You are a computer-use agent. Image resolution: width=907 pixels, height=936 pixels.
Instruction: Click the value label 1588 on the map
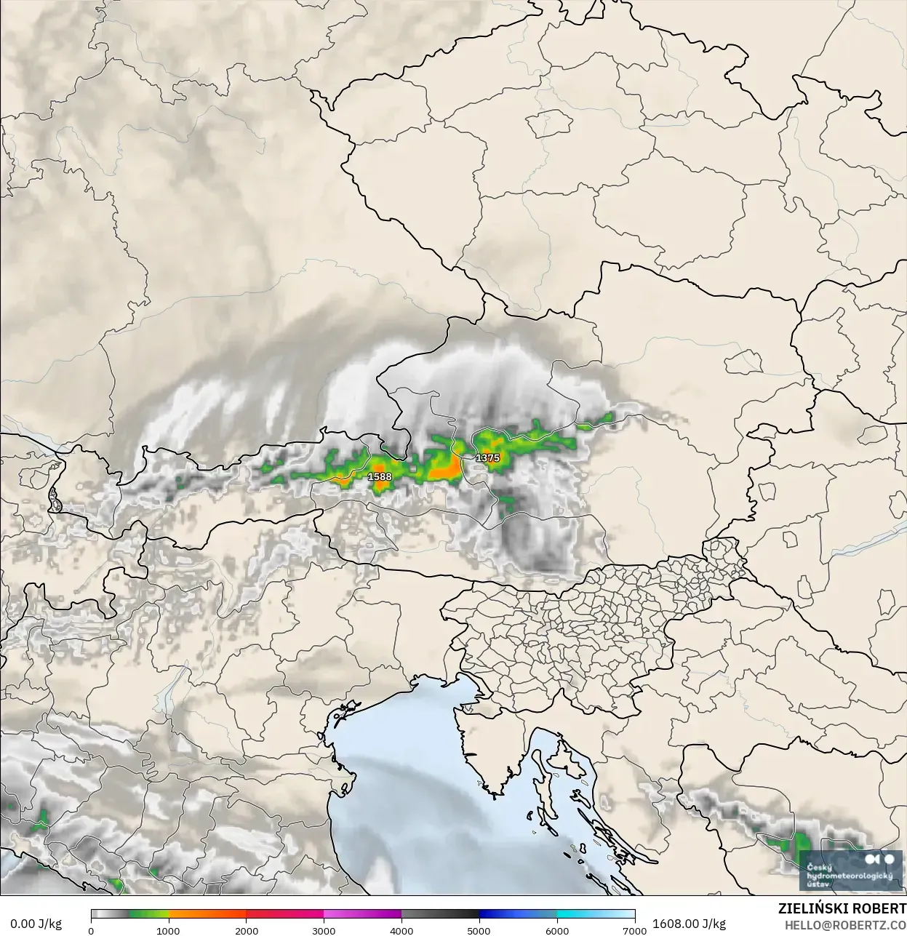tap(379, 476)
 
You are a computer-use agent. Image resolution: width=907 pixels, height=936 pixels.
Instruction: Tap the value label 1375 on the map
tap(487, 458)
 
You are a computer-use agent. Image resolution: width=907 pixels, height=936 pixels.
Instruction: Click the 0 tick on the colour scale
tap(91, 930)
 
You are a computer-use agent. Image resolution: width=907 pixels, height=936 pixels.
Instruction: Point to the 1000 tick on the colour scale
tap(168, 930)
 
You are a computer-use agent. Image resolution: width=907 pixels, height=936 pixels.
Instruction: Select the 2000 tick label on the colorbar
tap(247, 930)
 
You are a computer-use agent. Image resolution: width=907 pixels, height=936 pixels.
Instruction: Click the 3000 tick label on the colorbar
tap(324, 930)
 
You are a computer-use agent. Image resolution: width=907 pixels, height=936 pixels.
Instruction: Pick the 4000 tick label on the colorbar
tap(401, 930)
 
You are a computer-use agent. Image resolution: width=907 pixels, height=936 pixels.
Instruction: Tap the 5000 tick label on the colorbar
tap(479, 930)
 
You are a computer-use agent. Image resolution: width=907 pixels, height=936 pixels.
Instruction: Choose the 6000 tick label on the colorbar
tap(557, 930)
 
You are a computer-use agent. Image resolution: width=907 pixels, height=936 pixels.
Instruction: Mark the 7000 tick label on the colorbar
tap(635, 930)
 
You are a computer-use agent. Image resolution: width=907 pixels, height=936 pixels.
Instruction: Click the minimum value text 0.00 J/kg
tap(36, 924)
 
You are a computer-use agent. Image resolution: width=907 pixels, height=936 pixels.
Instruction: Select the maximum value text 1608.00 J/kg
tap(689, 924)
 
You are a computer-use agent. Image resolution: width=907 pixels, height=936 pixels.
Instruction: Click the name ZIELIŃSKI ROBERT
tap(842, 908)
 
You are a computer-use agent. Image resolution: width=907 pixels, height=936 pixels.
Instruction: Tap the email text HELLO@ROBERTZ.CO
tap(845, 924)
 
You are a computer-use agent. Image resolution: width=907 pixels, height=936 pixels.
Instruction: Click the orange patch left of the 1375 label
tap(444, 470)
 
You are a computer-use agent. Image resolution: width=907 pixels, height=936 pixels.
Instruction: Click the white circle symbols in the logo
tap(882, 860)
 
